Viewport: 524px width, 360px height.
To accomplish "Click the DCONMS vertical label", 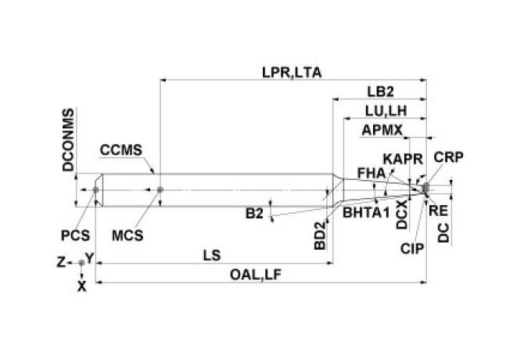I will point(68,140).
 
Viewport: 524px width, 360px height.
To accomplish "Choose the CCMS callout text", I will point(119,149).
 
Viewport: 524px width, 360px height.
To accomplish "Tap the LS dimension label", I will point(210,255).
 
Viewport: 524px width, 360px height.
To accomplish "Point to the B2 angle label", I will point(253,213).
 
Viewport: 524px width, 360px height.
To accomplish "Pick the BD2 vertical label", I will point(318,234).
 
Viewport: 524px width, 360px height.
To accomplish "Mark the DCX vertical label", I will point(401,215).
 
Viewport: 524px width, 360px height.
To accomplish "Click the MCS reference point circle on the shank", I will point(160,189).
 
